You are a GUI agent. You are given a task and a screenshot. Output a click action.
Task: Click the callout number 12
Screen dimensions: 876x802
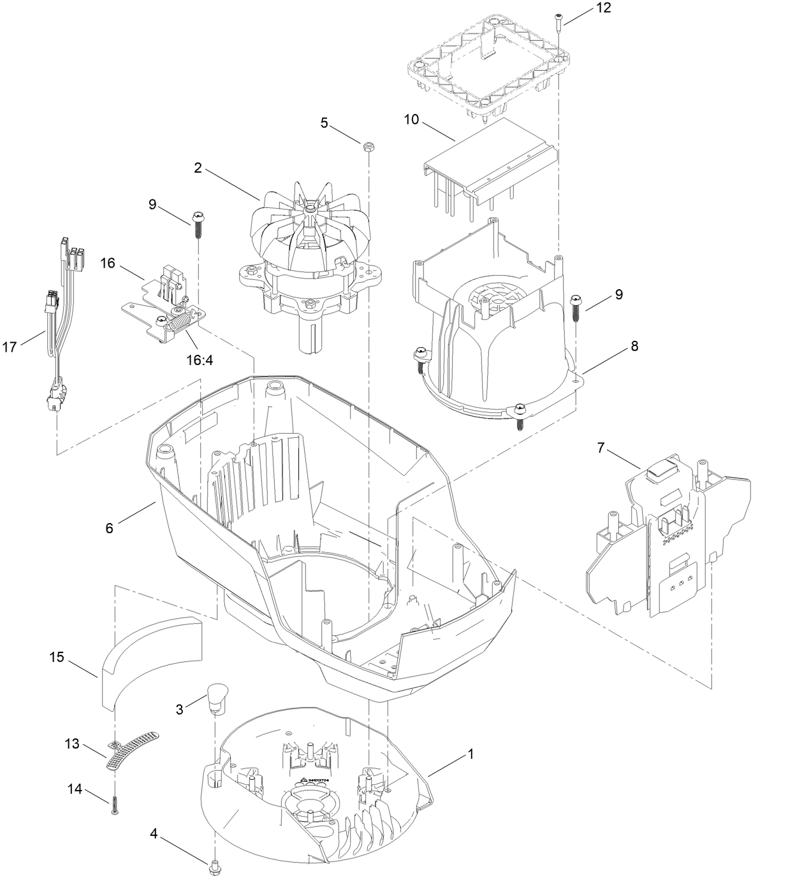pyautogui.click(x=602, y=8)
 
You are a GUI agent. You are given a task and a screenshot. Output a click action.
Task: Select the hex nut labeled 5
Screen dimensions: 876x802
pyautogui.click(x=368, y=148)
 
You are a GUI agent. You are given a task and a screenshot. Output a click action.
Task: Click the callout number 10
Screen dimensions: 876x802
pyautogui.click(x=411, y=119)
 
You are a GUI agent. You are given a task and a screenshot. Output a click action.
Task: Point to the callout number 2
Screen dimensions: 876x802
pyautogui.click(x=198, y=168)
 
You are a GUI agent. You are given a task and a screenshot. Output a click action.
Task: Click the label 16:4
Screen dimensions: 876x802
pyautogui.click(x=200, y=360)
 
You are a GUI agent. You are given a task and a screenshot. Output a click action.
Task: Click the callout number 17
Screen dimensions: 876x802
pyautogui.click(x=10, y=347)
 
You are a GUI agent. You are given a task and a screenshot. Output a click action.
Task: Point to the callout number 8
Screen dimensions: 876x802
pyautogui.click(x=634, y=346)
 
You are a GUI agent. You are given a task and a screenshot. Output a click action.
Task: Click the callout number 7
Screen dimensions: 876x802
pyautogui.click(x=601, y=448)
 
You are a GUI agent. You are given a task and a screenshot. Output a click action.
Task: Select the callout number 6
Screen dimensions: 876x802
pyautogui.click(x=109, y=528)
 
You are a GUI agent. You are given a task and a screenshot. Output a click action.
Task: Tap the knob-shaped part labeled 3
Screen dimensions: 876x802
pyautogui.click(x=217, y=694)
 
